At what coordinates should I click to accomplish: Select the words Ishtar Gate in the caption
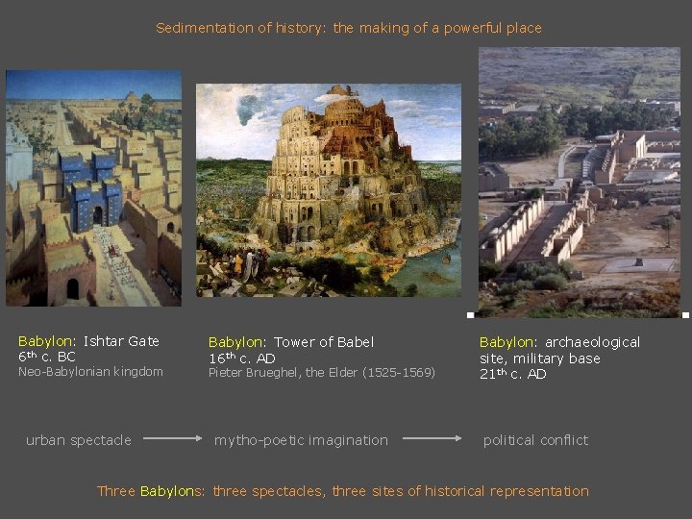point(121,341)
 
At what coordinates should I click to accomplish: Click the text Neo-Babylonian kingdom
point(90,372)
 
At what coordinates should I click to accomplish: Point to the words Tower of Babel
point(324,342)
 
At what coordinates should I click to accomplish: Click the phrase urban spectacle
point(79,440)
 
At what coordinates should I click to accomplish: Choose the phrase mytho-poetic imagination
point(301,440)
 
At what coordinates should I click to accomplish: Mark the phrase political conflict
point(535,440)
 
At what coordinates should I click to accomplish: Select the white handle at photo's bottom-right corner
point(685,315)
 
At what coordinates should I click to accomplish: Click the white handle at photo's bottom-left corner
point(470,315)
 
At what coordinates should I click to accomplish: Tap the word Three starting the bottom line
point(116,491)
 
